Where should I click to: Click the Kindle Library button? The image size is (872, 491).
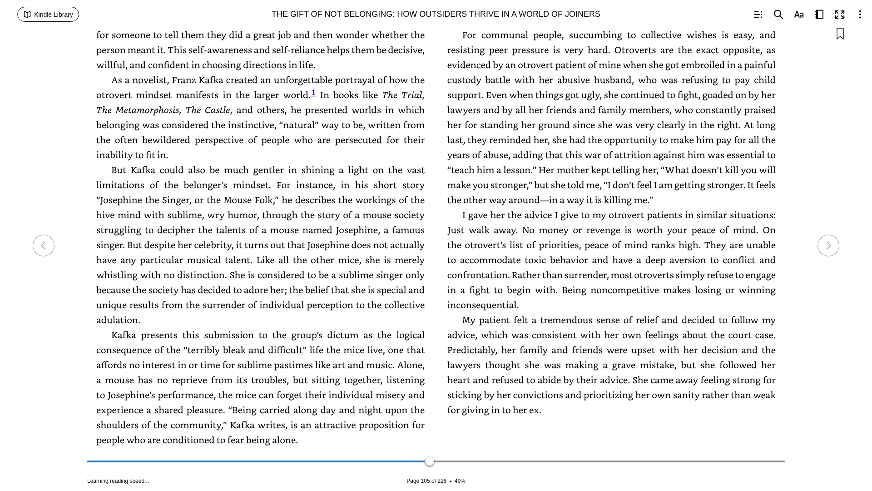[x=48, y=15]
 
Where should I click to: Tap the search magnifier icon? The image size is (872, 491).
[x=778, y=15]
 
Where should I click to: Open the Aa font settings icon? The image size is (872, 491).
[x=799, y=15]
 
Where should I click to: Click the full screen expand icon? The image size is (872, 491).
[x=840, y=15]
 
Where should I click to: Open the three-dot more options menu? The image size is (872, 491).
[x=860, y=15]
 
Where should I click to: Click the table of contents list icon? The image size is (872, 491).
[x=758, y=15]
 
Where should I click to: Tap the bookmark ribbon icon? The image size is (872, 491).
[x=840, y=34]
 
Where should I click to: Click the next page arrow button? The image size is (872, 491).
[x=828, y=245]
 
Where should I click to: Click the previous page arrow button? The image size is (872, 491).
[x=44, y=245]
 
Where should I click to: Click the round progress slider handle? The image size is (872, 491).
[x=430, y=461]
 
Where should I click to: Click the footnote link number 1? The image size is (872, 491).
[x=313, y=93]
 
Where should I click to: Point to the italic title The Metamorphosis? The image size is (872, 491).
[x=138, y=110]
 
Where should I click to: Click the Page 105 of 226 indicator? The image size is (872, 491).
[x=426, y=481]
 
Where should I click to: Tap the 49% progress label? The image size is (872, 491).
[x=460, y=481]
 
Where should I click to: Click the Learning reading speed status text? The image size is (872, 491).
[x=118, y=481]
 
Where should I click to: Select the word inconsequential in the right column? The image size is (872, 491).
[x=482, y=305]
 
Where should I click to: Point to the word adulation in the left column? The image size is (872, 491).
[x=118, y=320]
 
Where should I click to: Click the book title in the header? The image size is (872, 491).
[x=436, y=14]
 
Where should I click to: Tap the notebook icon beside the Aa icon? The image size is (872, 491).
[x=819, y=15]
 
